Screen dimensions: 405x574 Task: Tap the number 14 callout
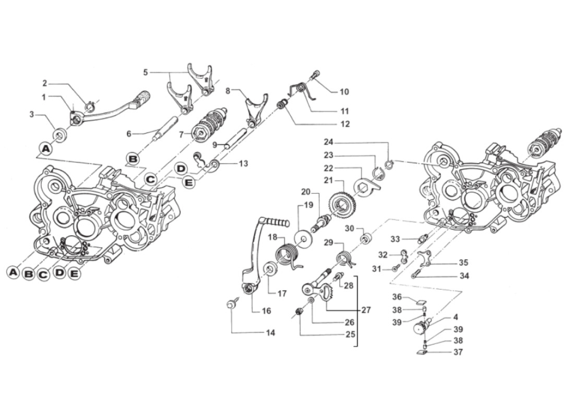270,333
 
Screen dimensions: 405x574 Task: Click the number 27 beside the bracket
366,310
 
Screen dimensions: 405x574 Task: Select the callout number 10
344,92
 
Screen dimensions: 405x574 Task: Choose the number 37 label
457,352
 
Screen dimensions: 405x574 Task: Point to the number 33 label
395,239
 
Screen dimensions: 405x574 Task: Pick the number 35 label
463,263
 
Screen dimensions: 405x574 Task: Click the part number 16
266,311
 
